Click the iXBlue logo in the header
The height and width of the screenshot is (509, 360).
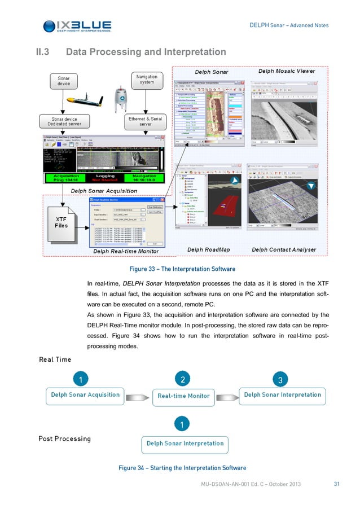(77, 25)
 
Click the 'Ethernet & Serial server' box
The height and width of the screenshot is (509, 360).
(145, 122)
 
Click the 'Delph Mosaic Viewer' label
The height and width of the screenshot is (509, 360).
(287, 72)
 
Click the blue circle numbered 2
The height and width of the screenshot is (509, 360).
(182, 378)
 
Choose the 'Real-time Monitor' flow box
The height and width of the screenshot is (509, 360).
(183, 396)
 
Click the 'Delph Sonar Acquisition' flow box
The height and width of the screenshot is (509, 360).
(85, 395)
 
